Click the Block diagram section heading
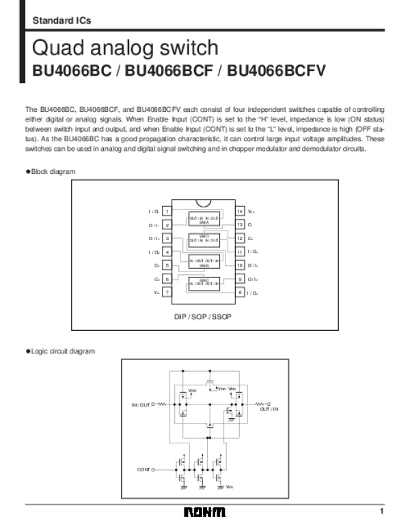tap(53, 171)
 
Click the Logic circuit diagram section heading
tap(63, 351)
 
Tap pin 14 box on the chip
tap(240, 211)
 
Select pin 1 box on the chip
tap(167, 211)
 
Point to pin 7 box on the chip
tap(167, 292)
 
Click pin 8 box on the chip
tap(240, 292)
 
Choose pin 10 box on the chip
tap(240, 265)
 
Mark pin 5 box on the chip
tap(167, 265)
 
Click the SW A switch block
tap(204, 220)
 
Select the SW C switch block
tap(204, 281)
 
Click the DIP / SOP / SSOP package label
tap(204, 317)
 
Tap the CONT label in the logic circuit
tap(143, 470)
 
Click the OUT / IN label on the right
tap(269, 409)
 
